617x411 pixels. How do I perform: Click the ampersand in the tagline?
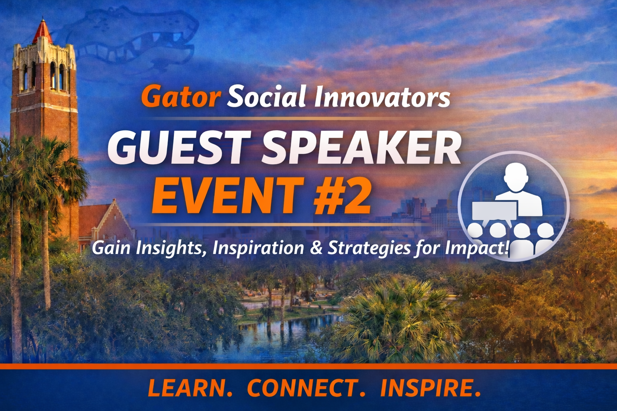point(316,248)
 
